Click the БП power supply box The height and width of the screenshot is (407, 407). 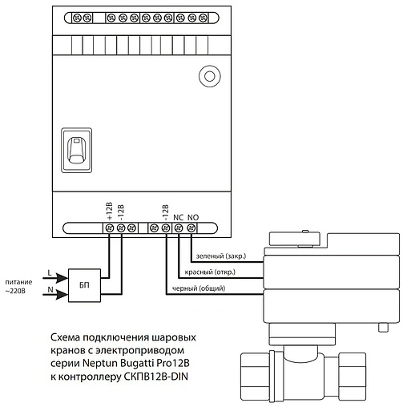coord(84,285)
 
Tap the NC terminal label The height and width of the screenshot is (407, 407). coord(178,218)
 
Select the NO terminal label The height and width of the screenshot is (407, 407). coord(193,218)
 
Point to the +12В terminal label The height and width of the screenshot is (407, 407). coord(110,211)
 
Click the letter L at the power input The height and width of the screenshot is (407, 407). coord(50,273)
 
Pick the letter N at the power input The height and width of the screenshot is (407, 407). coord(50,289)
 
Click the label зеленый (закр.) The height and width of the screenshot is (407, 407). coord(221,256)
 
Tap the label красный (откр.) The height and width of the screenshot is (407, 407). coord(210,272)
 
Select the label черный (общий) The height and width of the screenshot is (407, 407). coord(199,288)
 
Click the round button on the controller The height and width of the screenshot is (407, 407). coord(210,76)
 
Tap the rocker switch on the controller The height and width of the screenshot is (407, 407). coord(77,150)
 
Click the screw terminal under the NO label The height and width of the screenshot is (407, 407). coord(191,228)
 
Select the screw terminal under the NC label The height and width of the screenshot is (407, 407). coord(179,228)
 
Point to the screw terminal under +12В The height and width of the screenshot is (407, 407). coord(110,228)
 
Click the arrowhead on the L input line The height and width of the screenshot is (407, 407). coord(62,278)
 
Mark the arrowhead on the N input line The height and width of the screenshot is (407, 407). coord(62,295)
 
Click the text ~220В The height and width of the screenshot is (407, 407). coord(15,291)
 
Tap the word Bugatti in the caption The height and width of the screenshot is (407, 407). coord(138,363)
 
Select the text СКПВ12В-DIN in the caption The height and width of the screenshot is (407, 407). coord(156,377)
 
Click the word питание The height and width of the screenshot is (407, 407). coord(18,282)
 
